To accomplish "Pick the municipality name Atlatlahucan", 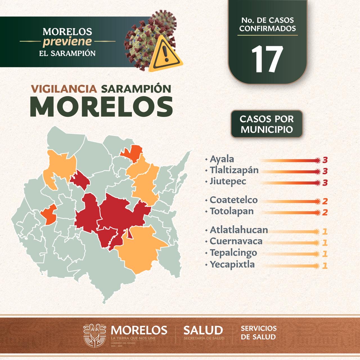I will point(239,230).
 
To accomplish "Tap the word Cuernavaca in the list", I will point(236,241).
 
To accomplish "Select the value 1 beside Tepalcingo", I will point(325,254).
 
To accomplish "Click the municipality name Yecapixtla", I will point(232,264).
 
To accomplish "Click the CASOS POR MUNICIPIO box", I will point(267,124).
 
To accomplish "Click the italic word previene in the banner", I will point(67,42).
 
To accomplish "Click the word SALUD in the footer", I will point(203,330).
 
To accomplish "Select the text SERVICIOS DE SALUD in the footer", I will point(258,332).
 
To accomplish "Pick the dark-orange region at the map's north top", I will point(132,154).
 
